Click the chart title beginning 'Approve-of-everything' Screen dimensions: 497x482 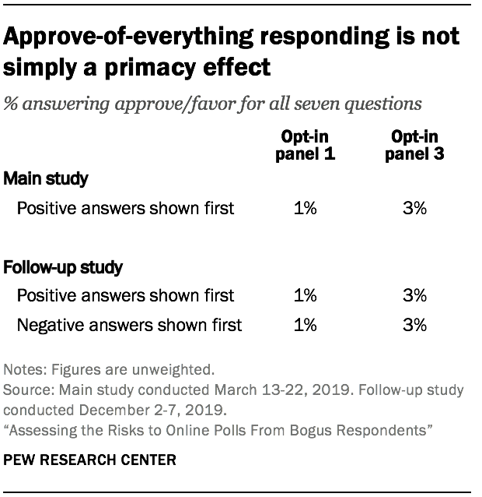[231, 51]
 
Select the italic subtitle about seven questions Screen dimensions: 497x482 [213, 103]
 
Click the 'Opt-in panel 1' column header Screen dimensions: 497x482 [306, 146]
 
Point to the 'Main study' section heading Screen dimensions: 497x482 [46, 179]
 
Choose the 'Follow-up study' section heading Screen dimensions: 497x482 [64, 267]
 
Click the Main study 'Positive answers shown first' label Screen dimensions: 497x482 [125, 209]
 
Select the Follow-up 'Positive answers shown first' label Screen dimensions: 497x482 [125, 296]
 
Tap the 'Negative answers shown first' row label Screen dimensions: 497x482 [129, 325]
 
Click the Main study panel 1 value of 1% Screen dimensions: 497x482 [306, 209]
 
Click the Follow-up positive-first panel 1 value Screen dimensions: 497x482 [306, 296]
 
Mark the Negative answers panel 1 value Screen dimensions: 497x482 [306, 325]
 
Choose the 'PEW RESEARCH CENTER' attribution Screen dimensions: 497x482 [90, 460]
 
